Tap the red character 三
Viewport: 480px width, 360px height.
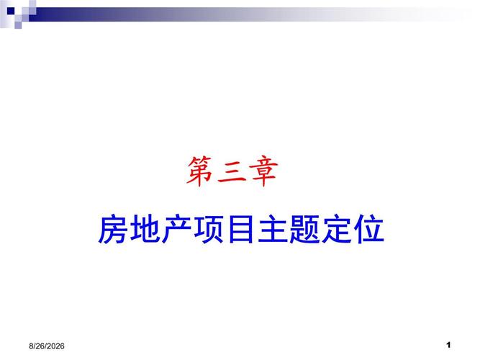[232, 171]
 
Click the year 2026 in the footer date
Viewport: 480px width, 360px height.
[56, 346]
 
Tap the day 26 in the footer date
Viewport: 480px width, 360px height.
[40, 346]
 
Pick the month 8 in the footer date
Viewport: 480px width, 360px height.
[31, 346]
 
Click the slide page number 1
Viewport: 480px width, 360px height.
[448, 345]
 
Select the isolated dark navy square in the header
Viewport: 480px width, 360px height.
[11, 11]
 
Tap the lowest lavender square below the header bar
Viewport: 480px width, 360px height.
[18, 25]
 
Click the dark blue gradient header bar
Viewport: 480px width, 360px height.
[214, 14]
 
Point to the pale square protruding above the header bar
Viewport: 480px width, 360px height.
[32, 4]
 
